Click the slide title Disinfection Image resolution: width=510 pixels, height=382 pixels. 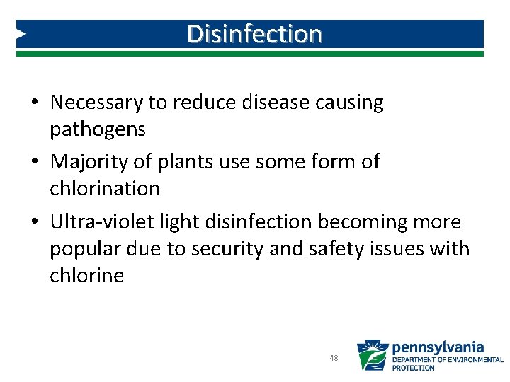(x=254, y=33)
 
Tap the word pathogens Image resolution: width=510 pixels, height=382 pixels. (x=97, y=129)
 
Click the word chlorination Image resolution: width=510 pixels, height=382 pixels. (x=105, y=189)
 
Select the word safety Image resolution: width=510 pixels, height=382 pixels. (x=333, y=249)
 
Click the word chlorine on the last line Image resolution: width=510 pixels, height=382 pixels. (x=86, y=275)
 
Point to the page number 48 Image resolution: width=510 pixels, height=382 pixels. (x=334, y=359)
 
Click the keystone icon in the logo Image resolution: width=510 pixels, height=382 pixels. (x=372, y=356)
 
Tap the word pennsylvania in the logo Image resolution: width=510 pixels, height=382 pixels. (x=438, y=347)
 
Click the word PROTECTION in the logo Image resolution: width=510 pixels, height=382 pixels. (x=414, y=368)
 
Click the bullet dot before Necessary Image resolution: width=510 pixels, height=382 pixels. (x=34, y=103)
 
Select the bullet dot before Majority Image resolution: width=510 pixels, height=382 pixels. (x=34, y=163)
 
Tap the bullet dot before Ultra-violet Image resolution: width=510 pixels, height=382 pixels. (x=34, y=223)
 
